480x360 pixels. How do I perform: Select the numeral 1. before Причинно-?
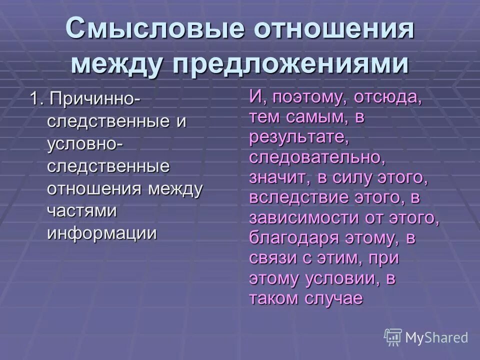[x=36, y=98]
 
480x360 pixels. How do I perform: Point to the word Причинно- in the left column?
[x=95, y=98]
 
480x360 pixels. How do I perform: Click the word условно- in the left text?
[x=86, y=144]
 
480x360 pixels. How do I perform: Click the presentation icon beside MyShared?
[x=393, y=336]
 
